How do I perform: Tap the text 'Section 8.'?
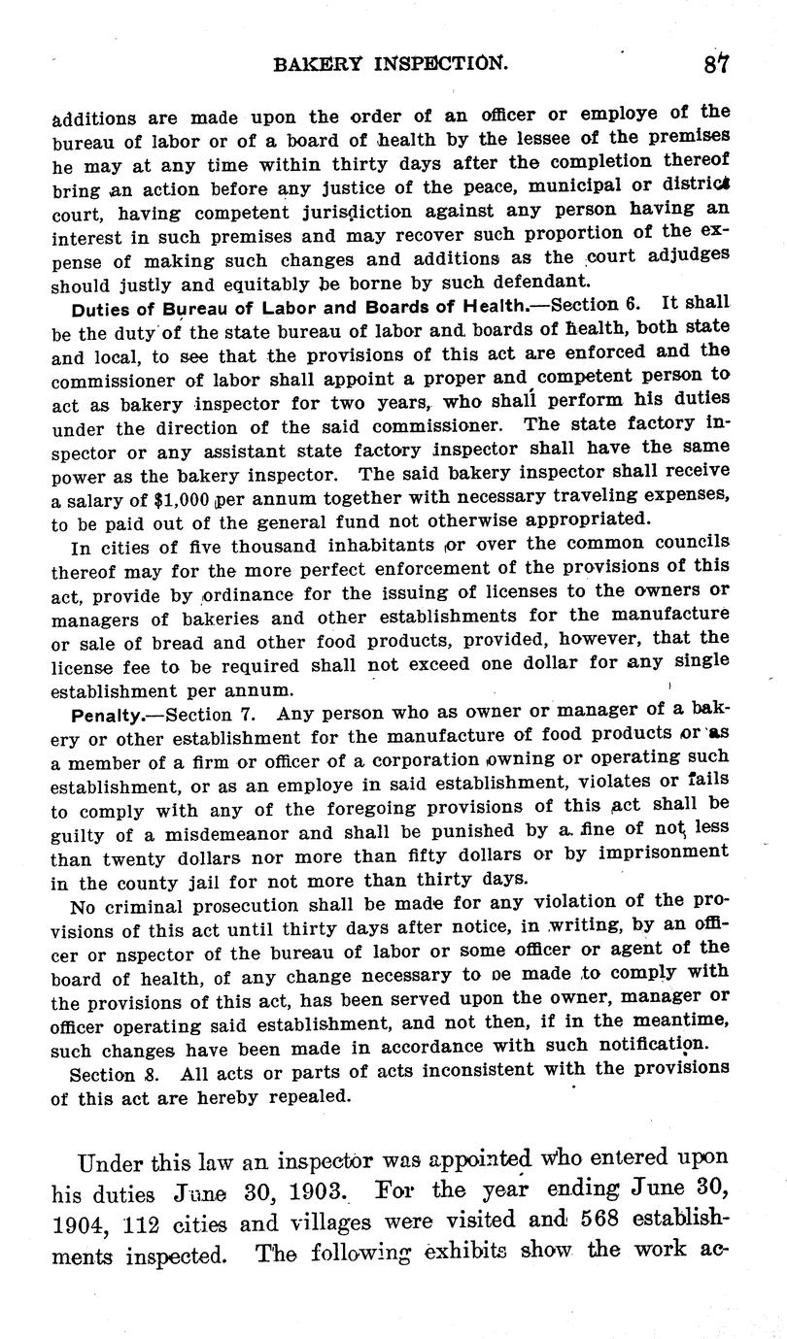[111, 1075]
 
